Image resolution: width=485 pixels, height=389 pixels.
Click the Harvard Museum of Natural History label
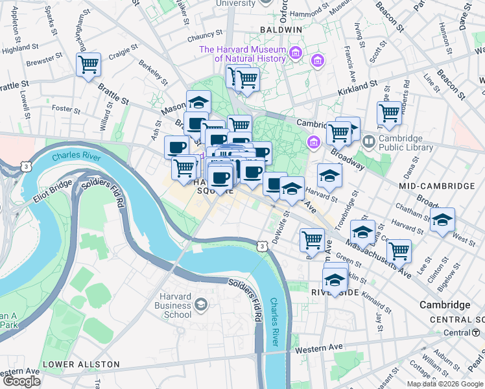click(242, 54)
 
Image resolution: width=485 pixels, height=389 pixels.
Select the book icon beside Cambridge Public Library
click(369, 141)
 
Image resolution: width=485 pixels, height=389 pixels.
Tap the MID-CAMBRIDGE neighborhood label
click(437, 186)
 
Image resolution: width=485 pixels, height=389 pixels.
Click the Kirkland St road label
click(357, 86)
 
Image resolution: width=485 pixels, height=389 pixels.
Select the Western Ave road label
click(319, 349)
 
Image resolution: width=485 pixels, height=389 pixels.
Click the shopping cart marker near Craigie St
click(88, 64)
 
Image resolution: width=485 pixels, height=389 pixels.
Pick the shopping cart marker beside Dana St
click(389, 113)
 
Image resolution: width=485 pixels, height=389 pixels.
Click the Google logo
click(21, 381)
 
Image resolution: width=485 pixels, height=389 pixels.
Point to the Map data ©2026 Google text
click(444, 384)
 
